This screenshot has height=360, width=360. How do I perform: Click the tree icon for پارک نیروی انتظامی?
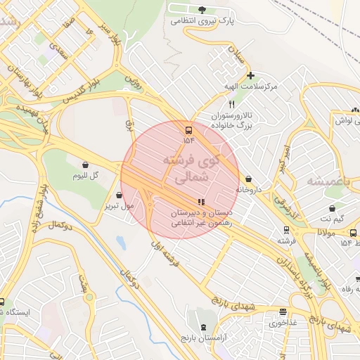click(x=202, y=10)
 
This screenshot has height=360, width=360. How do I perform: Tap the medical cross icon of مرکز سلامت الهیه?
click(x=250, y=75)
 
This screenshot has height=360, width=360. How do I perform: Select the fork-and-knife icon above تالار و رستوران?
click(x=222, y=103)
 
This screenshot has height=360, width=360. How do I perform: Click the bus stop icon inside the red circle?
click(x=188, y=130)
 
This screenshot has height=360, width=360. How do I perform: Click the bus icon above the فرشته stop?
click(x=285, y=229)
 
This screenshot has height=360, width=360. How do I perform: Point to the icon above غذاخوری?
click(x=283, y=312)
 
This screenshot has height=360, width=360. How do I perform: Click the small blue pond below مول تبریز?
click(x=120, y=243)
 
